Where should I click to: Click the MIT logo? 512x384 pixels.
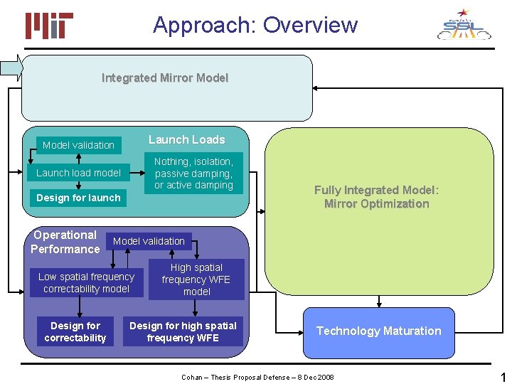tap(49, 26)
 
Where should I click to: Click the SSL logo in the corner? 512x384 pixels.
tap(464, 25)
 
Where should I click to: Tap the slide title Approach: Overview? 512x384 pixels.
tap(255, 25)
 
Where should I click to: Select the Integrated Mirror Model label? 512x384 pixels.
tap(165, 78)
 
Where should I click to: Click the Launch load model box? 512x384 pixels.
tap(78, 173)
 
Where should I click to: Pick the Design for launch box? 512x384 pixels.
tap(78, 198)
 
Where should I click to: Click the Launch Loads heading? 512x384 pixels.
tap(186, 140)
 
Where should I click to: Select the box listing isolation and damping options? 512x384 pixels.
tap(193, 174)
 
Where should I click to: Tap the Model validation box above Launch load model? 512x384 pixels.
tap(78, 145)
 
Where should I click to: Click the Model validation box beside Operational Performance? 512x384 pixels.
tap(149, 241)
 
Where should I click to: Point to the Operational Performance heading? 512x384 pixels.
tap(65, 242)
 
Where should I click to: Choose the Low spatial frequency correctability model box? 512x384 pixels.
tap(86, 283)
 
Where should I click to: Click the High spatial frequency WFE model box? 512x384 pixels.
tap(196, 279)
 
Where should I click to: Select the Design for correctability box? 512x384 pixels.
tap(75, 332)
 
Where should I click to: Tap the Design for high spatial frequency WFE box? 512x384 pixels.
tap(183, 332)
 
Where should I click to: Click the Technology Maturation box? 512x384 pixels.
tap(378, 331)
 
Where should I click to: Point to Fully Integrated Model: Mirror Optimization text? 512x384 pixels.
tap(377, 197)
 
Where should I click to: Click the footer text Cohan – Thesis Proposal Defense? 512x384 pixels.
tap(257, 377)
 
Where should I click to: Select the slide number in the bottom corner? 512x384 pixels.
tap(503, 376)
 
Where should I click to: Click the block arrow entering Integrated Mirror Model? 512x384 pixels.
tap(11, 68)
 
